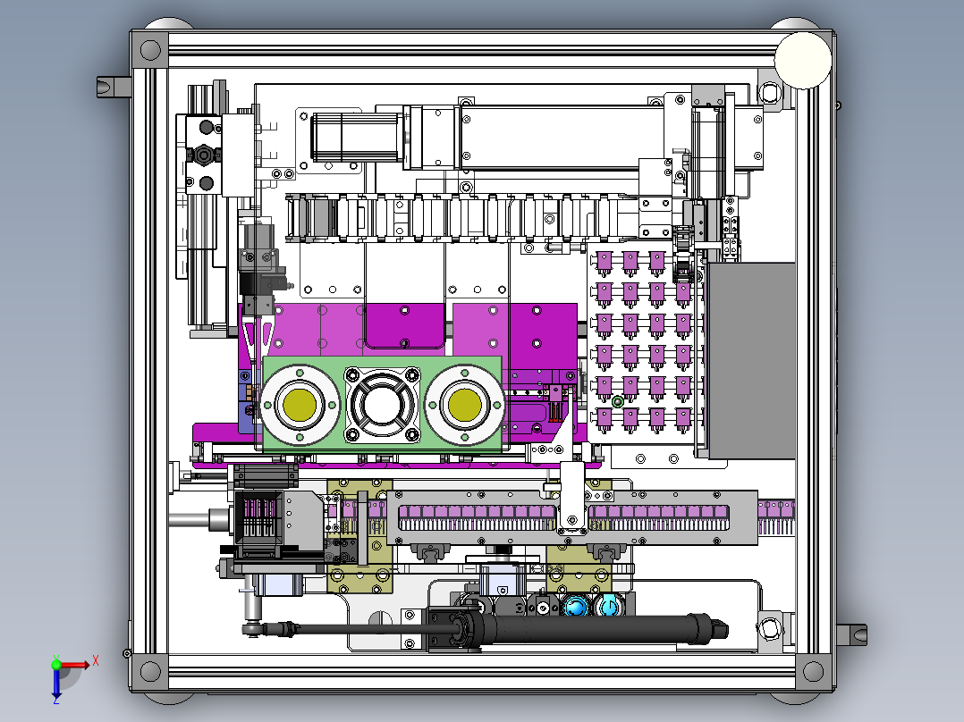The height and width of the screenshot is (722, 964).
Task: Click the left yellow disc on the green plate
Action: click(300, 405)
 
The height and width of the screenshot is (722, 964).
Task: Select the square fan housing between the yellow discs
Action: click(382, 405)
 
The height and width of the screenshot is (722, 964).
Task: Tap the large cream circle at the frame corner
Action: click(803, 60)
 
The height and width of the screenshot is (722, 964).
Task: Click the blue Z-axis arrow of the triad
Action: click(56, 681)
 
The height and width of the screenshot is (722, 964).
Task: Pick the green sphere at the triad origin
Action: click(56, 664)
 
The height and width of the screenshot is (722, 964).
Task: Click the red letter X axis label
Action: click(96, 661)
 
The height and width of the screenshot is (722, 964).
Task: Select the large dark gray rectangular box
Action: click(751, 361)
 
